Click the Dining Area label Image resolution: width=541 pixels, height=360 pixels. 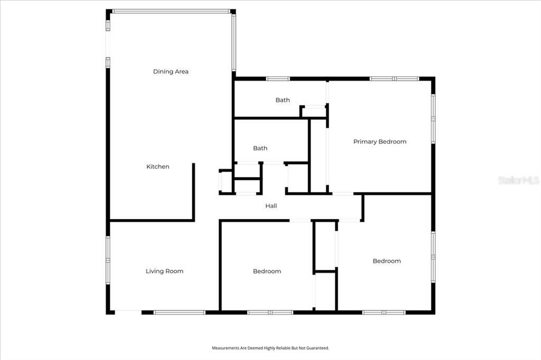pos(171,71)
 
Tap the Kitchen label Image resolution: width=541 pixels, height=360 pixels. pos(158,167)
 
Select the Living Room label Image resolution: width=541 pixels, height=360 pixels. pos(164,271)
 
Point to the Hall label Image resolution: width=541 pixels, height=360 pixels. pos(271,206)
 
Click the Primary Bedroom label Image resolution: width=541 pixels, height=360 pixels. pos(380,141)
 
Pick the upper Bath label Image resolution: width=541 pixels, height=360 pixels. pos(283,100)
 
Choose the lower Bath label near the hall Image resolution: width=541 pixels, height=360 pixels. pos(260,148)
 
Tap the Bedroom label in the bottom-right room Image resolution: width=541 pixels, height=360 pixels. pos(387,261)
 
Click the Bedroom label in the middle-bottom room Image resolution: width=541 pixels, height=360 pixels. pos(267,271)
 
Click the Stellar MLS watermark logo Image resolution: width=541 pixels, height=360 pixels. pos(518,180)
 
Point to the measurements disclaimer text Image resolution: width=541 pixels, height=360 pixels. pos(270,348)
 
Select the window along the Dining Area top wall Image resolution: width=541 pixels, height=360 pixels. pos(171,11)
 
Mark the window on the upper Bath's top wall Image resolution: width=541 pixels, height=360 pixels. pos(278,79)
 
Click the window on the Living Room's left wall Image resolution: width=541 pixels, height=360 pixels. pos(108,260)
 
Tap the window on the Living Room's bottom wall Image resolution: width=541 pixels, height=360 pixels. pos(179,312)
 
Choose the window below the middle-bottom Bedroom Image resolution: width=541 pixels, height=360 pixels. pos(270,312)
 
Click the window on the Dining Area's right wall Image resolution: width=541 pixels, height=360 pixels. pos(234,42)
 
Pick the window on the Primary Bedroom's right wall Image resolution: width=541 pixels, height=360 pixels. pos(433,118)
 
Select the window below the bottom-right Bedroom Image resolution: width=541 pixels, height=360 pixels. pos(384,312)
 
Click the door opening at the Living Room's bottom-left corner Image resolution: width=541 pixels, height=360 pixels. pos(128,312)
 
